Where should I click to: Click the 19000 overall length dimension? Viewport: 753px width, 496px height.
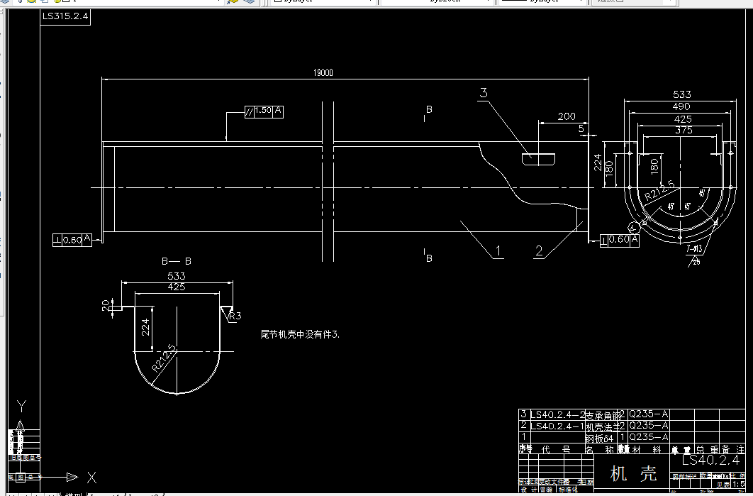[323, 72]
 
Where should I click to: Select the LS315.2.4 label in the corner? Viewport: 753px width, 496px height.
[65, 17]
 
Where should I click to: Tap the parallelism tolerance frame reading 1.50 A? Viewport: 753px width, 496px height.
[264, 111]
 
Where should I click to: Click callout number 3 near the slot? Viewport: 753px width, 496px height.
[484, 93]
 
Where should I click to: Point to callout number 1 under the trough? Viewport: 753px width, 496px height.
[498, 250]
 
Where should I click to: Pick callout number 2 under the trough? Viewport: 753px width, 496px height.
[539, 250]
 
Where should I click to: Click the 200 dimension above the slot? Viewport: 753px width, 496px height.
[567, 116]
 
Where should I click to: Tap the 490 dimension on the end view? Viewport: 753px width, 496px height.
[682, 106]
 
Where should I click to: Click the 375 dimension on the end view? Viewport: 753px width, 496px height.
[684, 131]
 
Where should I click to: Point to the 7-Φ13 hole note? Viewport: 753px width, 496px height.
[694, 248]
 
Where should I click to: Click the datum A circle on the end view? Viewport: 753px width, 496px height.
[634, 227]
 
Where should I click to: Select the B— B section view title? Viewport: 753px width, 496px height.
[177, 261]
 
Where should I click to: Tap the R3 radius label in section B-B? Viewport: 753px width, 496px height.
[235, 316]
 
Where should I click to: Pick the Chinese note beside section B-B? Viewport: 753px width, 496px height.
[300, 334]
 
